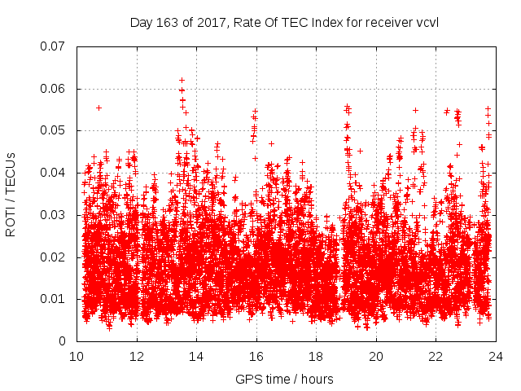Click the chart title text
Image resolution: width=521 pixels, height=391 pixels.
point(284,22)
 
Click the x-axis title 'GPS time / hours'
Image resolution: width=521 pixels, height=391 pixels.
point(284,379)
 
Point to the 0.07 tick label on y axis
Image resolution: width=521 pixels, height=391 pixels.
point(53,46)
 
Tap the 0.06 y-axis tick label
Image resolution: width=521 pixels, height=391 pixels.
point(53,89)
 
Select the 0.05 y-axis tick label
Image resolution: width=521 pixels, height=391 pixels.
point(53,130)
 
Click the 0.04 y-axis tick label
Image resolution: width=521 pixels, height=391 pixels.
point(53,173)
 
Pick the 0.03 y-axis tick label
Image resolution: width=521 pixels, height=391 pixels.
point(53,215)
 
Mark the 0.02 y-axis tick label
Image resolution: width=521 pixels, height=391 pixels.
point(53,257)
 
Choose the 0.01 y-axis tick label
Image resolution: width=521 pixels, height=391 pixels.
point(53,299)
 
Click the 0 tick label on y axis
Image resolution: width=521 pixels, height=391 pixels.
point(62,341)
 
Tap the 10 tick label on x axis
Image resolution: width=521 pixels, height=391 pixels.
point(77,356)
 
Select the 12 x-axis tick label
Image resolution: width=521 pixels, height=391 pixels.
point(137,356)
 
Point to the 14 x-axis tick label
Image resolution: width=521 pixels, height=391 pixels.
point(196,356)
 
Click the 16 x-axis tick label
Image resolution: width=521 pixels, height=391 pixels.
point(256,356)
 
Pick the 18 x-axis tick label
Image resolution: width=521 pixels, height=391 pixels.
point(316,356)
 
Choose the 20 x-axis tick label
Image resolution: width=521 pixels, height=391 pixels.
point(376,356)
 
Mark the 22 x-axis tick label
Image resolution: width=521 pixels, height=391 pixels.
point(436,356)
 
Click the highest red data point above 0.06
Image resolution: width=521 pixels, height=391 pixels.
point(182,80)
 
